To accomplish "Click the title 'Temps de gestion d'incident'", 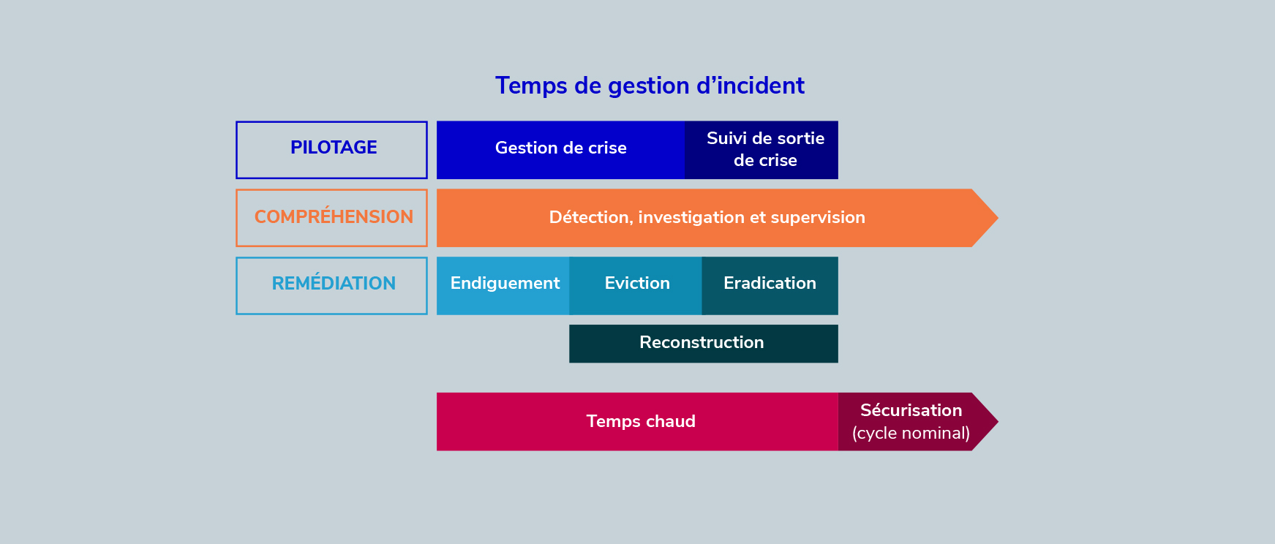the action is (650, 86).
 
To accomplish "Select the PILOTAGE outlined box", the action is (331, 122).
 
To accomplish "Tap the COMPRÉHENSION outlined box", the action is (331, 190).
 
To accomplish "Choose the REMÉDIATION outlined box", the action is (331, 258).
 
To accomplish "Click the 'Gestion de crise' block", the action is (560, 150).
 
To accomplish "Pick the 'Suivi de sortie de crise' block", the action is (761, 150).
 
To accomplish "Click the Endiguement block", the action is (503, 286).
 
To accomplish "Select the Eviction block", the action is (636, 286).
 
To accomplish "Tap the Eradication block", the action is (770, 286).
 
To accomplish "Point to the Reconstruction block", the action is (704, 344).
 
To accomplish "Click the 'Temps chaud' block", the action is (637, 422).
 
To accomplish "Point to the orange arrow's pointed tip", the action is (998, 218).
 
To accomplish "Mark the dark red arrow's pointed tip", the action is (998, 422).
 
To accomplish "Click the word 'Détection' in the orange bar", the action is (590, 217).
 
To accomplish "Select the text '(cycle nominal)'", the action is (911, 434).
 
